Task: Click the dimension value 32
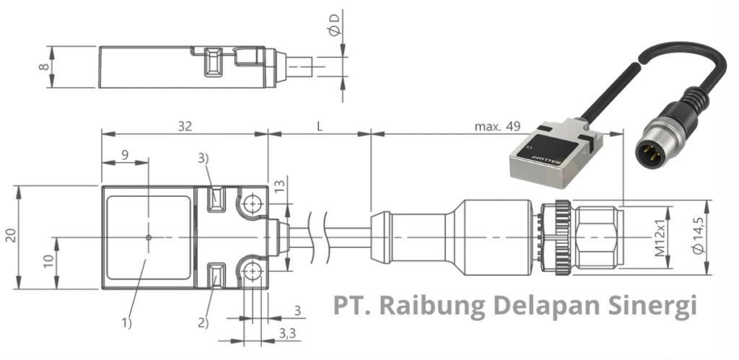coord(185,126)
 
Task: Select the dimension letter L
coord(319,126)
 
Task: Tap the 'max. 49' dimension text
coord(497,127)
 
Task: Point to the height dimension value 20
coord(11,237)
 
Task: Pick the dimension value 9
coord(124,154)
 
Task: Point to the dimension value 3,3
coord(287,334)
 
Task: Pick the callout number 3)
coord(205,158)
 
